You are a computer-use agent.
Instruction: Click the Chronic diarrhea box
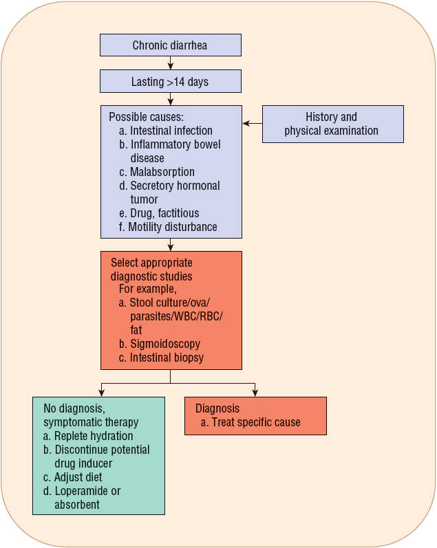point(170,45)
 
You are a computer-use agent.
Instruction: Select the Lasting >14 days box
point(170,81)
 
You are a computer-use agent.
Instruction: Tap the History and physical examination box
point(332,124)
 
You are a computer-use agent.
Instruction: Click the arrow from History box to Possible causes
point(252,124)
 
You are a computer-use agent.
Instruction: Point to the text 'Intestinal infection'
point(171,131)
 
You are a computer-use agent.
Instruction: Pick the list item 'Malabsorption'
point(162,172)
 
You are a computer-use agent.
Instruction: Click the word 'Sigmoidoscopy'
point(165,344)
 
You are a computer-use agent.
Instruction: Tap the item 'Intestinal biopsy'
point(167,358)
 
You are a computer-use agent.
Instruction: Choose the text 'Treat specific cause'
point(255,422)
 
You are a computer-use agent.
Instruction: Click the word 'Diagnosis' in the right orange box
point(217,408)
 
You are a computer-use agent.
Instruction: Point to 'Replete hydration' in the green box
point(93,436)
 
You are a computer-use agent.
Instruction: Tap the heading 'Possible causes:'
point(147,117)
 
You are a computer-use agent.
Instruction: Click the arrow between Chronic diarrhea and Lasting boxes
point(171,63)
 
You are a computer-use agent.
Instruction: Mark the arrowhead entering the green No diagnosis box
point(102,393)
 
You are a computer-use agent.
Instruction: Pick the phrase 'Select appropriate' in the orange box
point(151,263)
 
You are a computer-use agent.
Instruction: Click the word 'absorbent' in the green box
point(77,505)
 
